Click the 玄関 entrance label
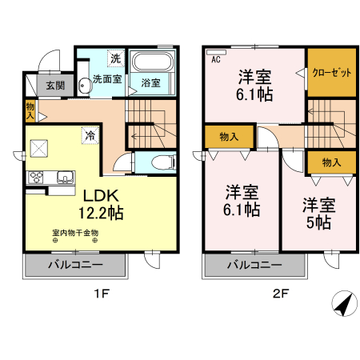pyautogui.click(x=54, y=86)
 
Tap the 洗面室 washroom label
pyautogui.click(x=106, y=81)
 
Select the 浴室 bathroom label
pyautogui.click(x=150, y=82)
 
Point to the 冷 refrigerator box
pyautogui.click(x=90, y=135)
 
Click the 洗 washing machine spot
pyautogui.click(x=114, y=58)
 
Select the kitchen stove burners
pyautogui.click(x=38, y=177)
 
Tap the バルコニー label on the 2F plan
pyautogui.click(x=254, y=265)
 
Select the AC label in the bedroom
pyautogui.click(x=215, y=58)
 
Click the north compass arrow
pyautogui.click(x=342, y=305)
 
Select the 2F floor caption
pyautogui.click(x=279, y=294)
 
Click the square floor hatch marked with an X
pyautogui.click(x=38, y=149)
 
